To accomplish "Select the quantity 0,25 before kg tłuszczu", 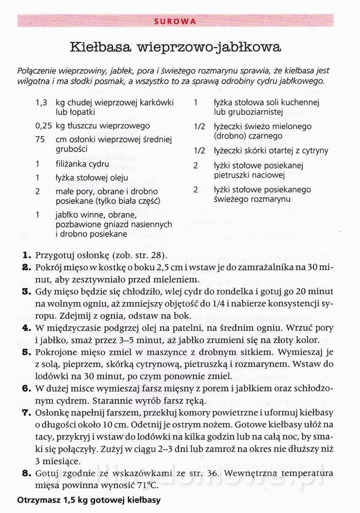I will (x=44, y=126).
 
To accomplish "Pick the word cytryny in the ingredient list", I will (x=315, y=151).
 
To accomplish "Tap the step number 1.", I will (x=25, y=255).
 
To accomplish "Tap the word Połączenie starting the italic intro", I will (x=38, y=71).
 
